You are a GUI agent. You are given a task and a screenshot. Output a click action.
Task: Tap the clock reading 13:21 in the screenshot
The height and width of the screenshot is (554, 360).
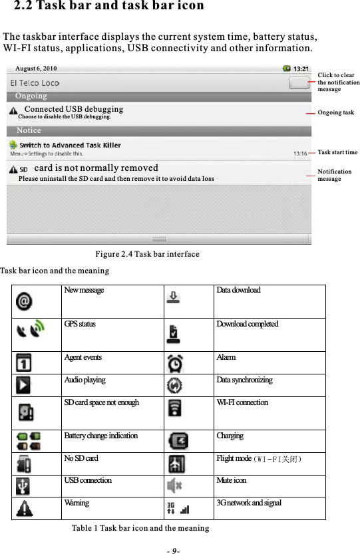301,69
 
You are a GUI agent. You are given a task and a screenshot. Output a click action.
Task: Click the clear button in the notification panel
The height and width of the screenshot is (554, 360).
300,83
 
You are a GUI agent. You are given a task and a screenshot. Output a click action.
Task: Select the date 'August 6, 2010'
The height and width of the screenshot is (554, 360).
36,69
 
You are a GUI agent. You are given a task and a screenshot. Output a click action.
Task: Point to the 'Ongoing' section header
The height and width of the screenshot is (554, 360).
31,96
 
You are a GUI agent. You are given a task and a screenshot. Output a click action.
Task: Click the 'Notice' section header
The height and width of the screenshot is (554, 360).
29,131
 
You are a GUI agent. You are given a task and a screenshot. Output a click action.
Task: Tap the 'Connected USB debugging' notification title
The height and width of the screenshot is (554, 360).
73,108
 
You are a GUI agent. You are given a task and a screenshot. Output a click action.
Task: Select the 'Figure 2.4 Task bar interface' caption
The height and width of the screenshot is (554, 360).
147,255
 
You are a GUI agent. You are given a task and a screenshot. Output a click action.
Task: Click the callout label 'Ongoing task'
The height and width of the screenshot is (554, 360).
336,113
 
